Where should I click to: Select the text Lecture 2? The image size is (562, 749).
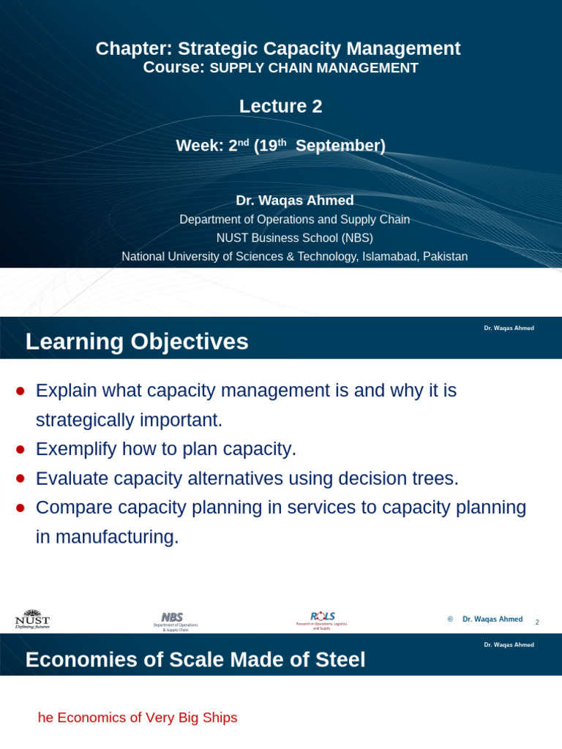tap(280, 107)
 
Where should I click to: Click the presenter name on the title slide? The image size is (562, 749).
tap(294, 200)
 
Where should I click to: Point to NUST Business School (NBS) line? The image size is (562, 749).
tap(294, 238)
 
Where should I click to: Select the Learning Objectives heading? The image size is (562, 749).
tap(137, 342)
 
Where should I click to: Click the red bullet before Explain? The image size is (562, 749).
tap(20, 391)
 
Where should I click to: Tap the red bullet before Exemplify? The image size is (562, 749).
tap(20, 449)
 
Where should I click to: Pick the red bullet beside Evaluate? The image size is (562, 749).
tap(20, 478)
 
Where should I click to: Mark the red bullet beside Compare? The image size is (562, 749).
tap(20, 508)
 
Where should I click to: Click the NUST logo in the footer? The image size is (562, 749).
tap(32, 619)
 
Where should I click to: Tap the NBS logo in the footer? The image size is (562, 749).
tap(174, 620)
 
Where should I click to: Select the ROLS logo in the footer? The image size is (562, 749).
tap(322, 620)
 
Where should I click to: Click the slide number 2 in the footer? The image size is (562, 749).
tap(537, 622)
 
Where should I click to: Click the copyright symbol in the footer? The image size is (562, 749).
tap(450, 619)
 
